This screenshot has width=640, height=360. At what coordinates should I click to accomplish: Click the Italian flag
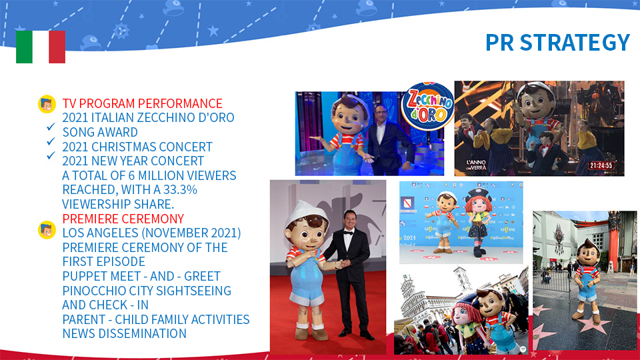point(41,47)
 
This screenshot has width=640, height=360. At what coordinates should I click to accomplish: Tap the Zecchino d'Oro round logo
point(427,106)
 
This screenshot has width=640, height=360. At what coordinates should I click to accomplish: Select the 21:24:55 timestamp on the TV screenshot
point(601,166)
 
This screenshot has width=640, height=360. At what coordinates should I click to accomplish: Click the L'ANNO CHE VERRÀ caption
point(476,165)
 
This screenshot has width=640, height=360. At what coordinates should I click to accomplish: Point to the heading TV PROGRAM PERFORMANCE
point(142,103)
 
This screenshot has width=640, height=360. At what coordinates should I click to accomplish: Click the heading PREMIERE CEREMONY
point(123,219)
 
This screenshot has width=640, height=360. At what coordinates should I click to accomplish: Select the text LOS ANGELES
point(101,233)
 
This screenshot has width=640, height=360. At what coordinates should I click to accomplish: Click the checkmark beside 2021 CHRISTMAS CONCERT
point(51,141)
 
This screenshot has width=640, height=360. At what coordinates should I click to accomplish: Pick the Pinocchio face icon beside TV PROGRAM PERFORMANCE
point(47,104)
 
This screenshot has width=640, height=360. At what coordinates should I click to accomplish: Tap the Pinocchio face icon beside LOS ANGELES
point(47,230)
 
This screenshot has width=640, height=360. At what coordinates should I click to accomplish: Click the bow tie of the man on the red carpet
point(348,233)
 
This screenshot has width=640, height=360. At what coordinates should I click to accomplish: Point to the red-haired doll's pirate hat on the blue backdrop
point(479,194)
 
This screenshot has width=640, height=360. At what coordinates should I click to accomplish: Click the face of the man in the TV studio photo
point(381,114)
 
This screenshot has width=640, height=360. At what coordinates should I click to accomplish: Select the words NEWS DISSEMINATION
point(124,333)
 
